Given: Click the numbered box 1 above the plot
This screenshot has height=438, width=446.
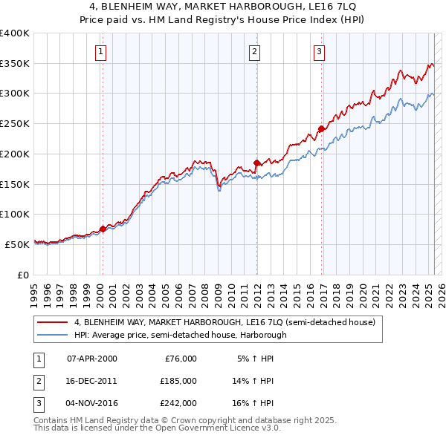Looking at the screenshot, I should point(100,51).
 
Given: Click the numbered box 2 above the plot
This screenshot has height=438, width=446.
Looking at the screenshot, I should point(254,51).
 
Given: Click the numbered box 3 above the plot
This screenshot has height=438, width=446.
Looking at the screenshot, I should point(318,51).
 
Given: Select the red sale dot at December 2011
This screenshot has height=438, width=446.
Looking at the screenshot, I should point(256,163).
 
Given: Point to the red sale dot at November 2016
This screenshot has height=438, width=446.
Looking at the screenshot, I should point(321,128).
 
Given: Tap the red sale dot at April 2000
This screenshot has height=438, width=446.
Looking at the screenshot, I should point(103,229).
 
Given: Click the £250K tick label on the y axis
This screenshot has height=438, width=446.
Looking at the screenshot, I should point(15,123).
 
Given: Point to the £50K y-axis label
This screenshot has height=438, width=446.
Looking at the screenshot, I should point(18,243).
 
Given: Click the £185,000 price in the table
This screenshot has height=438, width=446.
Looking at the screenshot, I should point(178,381).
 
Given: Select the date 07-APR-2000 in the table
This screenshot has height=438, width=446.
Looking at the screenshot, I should point(91,359).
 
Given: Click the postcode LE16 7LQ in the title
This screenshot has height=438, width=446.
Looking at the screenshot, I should point(336,6).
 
